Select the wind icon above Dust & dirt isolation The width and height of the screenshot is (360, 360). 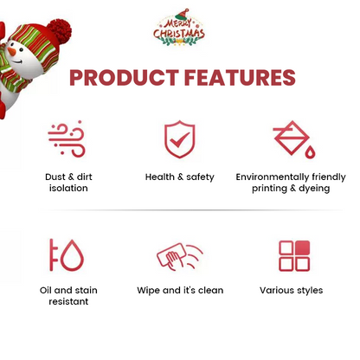pyautogui.click(x=67, y=138)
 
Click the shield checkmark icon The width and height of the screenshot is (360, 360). pyautogui.click(x=179, y=138)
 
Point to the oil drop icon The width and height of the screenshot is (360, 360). pyautogui.click(x=67, y=255)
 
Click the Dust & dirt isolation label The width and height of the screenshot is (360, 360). pyautogui.click(x=68, y=183)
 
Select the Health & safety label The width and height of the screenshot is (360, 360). pyautogui.click(x=179, y=177)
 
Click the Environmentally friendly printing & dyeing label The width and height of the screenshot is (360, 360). pyautogui.click(x=290, y=183)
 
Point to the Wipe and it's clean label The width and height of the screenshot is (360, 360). pyautogui.click(x=180, y=291)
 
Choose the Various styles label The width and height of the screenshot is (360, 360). pyautogui.click(x=291, y=291)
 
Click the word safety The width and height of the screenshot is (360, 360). pyautogui.click(x=200, y=177)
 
